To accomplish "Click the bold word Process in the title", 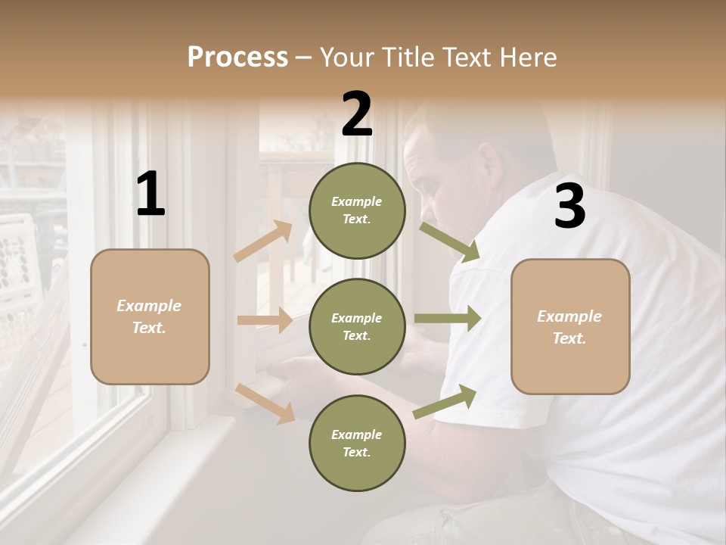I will (237, 58).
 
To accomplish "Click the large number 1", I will (150, 194).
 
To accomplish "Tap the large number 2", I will (357, 114).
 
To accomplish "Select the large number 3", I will (569, 206).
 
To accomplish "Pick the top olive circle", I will (357, 210).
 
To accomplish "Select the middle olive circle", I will (357, 326).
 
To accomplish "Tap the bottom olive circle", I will (357, 443).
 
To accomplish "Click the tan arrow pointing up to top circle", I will (263, 241).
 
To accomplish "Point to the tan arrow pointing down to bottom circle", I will (265, 403).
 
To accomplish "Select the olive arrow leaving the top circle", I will (451, 241).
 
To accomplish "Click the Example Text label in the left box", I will (149, 316).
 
